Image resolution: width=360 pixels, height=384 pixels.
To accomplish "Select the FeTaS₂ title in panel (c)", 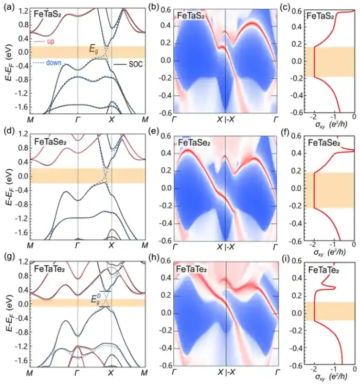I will click(x=323, y=17).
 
